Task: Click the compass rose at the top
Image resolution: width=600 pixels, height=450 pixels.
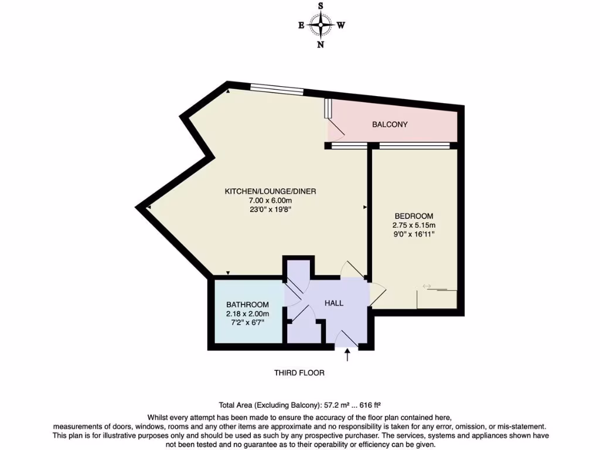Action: tap(321, 25)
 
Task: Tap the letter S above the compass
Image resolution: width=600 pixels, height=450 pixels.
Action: tap(321, 6)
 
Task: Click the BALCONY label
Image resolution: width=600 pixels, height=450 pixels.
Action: tap(390, 125)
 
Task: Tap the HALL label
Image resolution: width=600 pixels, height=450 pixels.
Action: tap(334, 303)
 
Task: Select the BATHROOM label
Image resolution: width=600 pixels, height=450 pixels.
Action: tap(247, 305)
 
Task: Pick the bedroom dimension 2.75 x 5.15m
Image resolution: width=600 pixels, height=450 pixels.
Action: tap(414, 225)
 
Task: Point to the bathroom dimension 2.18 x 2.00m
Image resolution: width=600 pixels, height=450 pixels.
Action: tap(247, 314)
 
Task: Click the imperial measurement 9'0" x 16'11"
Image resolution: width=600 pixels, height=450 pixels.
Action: tap(414, 234)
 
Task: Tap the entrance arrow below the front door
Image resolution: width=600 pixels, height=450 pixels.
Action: tap(347, 354)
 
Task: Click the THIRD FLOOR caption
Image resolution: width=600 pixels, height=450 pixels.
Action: tap(299, 373)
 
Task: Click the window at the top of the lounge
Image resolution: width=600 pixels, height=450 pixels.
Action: tap(277, 90)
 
